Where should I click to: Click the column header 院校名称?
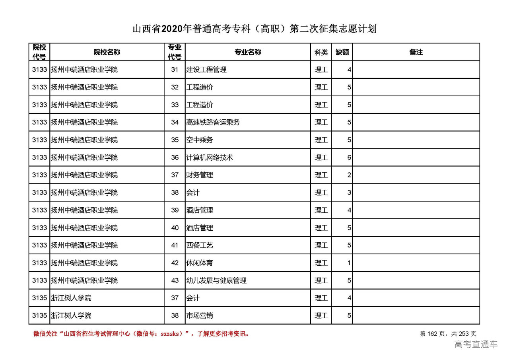point(107,52)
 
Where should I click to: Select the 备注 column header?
point(416,52)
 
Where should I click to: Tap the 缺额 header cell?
point(342,52)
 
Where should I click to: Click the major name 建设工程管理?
point(206,70)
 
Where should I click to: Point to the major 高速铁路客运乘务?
point(213,123)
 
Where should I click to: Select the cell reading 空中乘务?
point(200,140)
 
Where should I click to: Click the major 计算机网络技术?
point(210,158)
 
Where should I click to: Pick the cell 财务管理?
point(200,175)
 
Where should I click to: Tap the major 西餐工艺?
point(200,245)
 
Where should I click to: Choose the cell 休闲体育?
point(200,263)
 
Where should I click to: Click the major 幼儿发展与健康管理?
point(216,280)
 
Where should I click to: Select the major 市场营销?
point(200,315)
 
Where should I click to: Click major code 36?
point(175,158)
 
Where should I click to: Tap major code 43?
point(175,280)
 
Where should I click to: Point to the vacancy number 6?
point(349,158)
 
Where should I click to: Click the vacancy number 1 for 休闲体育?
point(349,263)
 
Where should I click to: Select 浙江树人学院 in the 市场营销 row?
point(71,315)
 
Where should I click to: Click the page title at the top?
point(254,29)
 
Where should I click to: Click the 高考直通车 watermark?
point(476,344)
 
